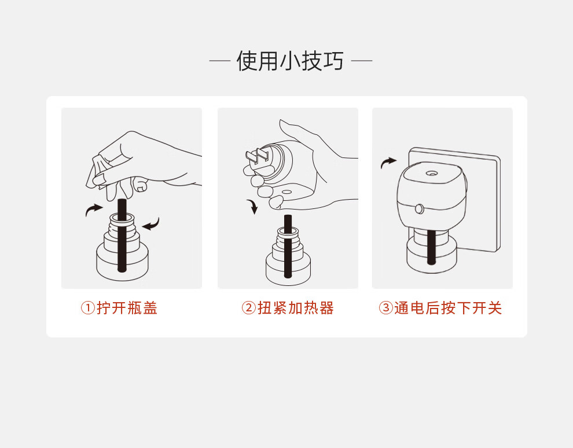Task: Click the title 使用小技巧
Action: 290,61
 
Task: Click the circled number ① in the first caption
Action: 88,308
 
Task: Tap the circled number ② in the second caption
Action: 248,308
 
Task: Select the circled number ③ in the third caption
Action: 385,308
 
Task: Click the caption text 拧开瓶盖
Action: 127,308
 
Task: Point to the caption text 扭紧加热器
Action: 296,308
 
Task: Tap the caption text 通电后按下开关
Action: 448,308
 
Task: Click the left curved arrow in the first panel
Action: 93,210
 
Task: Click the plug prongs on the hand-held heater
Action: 259,156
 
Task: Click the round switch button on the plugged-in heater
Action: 419,208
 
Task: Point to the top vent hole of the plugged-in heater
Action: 432,172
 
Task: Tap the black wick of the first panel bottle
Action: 122,236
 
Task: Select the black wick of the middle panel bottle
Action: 288,246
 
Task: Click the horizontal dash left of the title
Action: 220,61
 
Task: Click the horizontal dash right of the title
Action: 362,61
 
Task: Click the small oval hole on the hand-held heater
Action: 287,192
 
